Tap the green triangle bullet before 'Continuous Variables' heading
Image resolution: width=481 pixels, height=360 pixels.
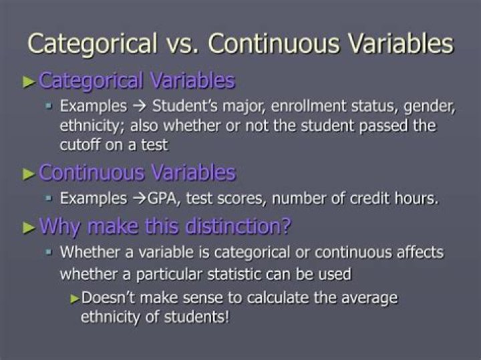click(x=29, y=174)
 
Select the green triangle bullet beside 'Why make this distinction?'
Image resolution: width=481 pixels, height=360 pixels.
click(x=29, y=227)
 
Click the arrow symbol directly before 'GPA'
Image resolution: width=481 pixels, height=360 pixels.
click(x=138, y=199)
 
